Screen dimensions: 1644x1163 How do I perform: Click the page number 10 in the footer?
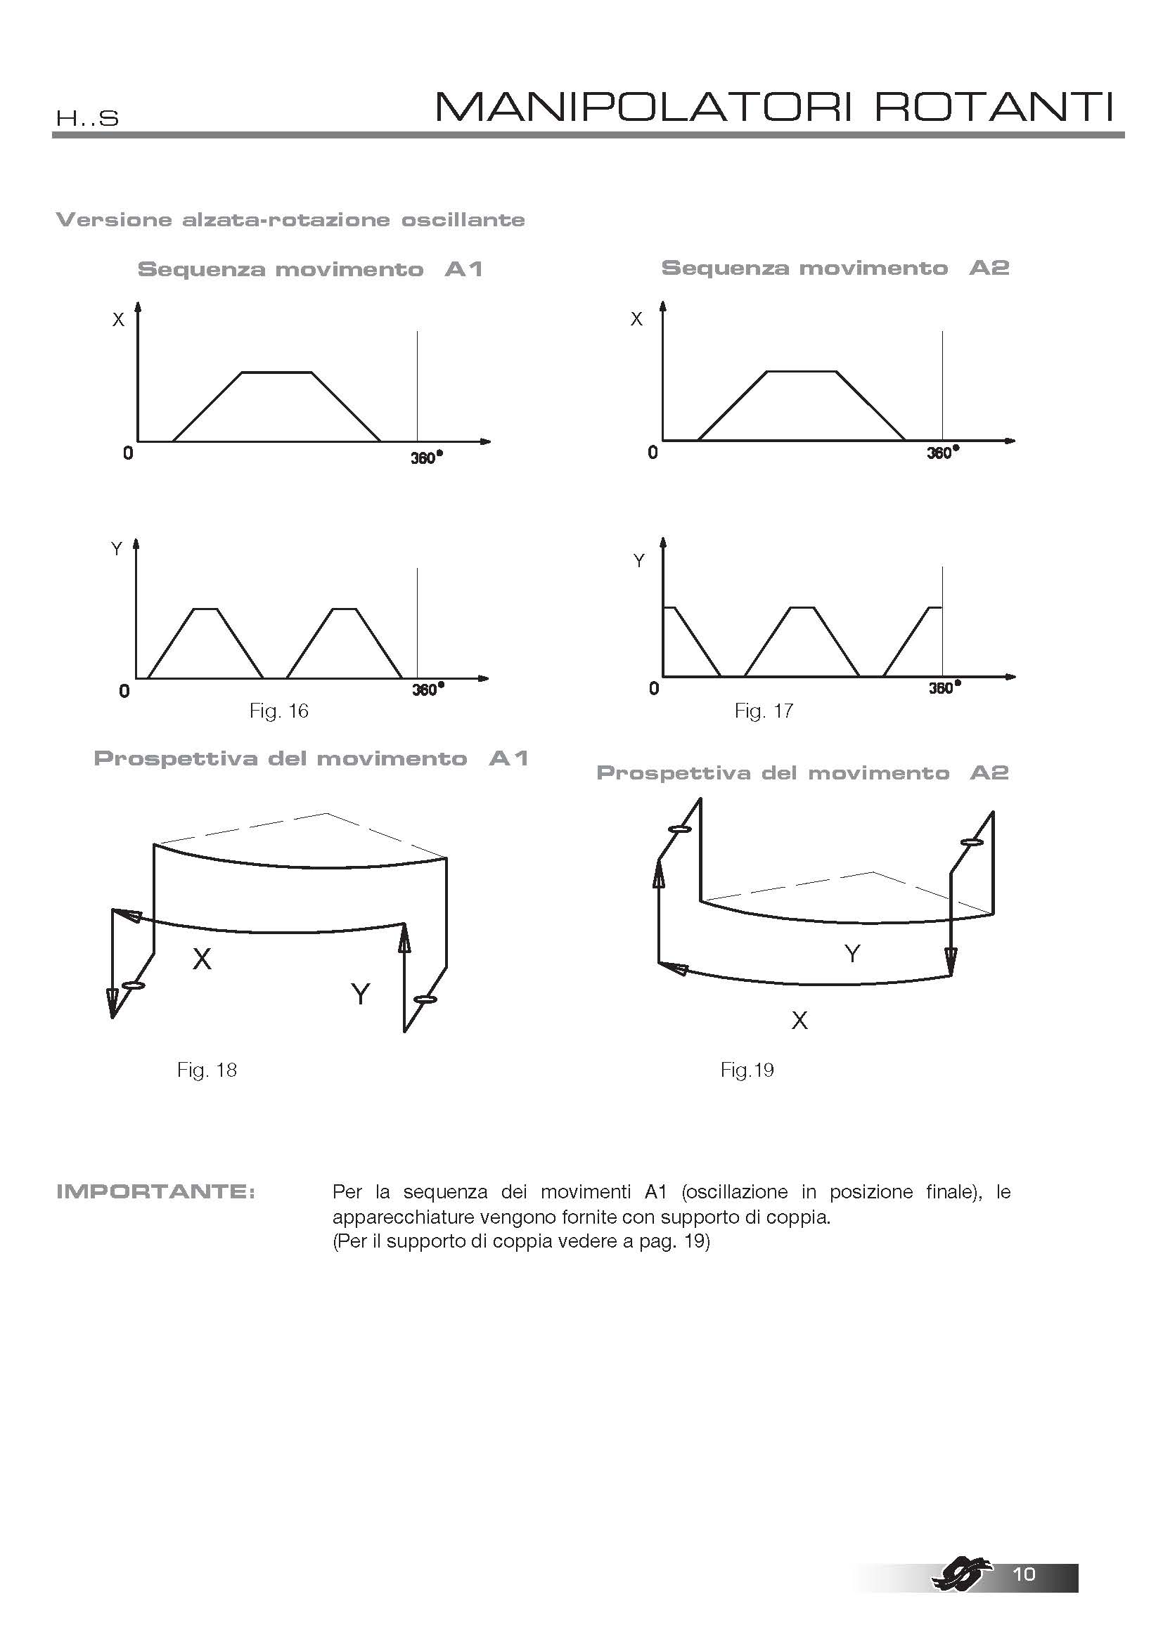point(1024,1573)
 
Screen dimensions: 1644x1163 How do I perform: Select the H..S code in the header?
point(86,118)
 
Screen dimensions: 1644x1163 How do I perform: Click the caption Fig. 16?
point(278,711)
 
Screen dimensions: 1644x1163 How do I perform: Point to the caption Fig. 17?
point(764,711)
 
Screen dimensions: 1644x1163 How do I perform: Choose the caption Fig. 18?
point(207,1070)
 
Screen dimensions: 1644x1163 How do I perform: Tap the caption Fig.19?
point(747,1070)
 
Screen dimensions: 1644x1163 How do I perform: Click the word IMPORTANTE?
point(155,1192)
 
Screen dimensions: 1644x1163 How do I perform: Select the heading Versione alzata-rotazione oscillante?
point(290,220)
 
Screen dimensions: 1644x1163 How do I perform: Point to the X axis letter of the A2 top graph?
point(636,319)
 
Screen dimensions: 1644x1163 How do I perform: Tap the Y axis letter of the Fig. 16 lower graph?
point(117,549)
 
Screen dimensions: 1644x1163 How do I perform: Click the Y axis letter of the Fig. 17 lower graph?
point(639,561)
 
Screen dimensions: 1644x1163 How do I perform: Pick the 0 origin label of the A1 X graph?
point(128,453)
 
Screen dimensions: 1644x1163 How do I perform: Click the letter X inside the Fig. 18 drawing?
point(202,959)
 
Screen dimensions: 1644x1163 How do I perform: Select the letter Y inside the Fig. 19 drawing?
point(852,954)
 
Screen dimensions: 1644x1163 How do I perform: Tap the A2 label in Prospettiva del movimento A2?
point(989,773)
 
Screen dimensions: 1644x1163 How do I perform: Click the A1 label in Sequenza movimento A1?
point(463,270)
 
